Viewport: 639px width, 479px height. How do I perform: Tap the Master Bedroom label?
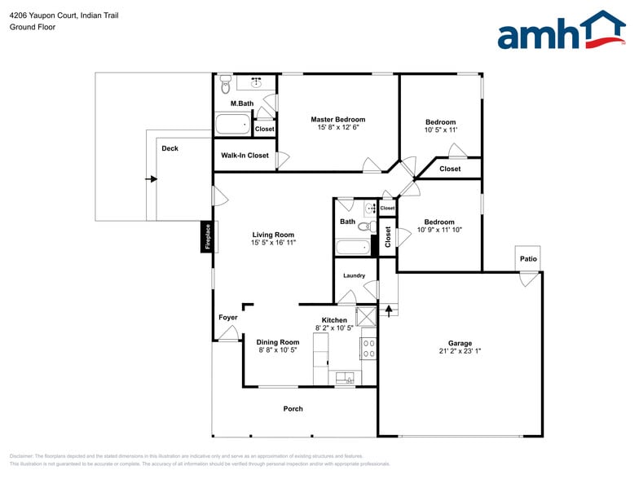pos(338,120)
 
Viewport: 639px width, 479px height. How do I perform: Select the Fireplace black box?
pos(208,237)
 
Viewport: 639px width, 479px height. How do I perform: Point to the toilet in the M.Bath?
pos(225,83)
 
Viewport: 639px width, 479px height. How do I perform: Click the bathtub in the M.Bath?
pos(233,125)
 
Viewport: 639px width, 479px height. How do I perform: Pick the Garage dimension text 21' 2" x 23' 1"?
pos(460,352)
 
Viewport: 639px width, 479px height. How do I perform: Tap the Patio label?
pos(529,259)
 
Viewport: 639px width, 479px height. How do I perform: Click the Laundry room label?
pos(354,275)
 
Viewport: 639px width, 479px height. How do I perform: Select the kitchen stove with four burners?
pos(368,349)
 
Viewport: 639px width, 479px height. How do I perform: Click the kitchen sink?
pos(345,378)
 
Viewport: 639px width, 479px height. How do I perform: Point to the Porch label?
pos(293,409)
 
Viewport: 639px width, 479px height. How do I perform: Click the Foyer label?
pos(228,318)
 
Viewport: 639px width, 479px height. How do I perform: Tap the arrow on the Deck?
pos(151,178)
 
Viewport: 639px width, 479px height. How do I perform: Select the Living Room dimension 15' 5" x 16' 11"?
pos(273,242)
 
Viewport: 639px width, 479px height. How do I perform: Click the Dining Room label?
pos(278,342)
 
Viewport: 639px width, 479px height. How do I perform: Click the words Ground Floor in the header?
pos(33,27)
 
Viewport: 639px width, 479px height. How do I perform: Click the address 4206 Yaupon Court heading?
pos(64,15)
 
